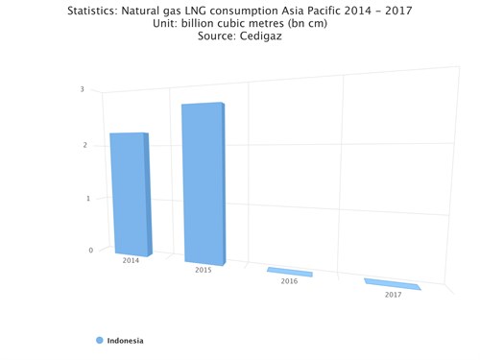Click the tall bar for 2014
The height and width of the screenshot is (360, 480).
[x=130, y=192]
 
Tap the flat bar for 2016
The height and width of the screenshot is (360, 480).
[x=289, y=273]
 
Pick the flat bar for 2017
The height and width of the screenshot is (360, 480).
[x=393, y=284]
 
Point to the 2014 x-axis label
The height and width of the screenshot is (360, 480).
[x=131, y=260]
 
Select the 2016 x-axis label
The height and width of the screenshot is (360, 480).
[x=289, y=281]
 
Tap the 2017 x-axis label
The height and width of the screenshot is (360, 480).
[x=393, y=294]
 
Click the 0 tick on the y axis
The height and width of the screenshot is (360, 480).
[x=91, y=251]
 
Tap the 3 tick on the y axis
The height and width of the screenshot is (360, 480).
[x=82, y=89]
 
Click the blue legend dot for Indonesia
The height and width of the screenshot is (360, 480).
[x=99, y=340]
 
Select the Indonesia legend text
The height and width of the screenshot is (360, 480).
[x=125, y=340]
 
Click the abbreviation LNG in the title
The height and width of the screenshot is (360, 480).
[x=204, y=11]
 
